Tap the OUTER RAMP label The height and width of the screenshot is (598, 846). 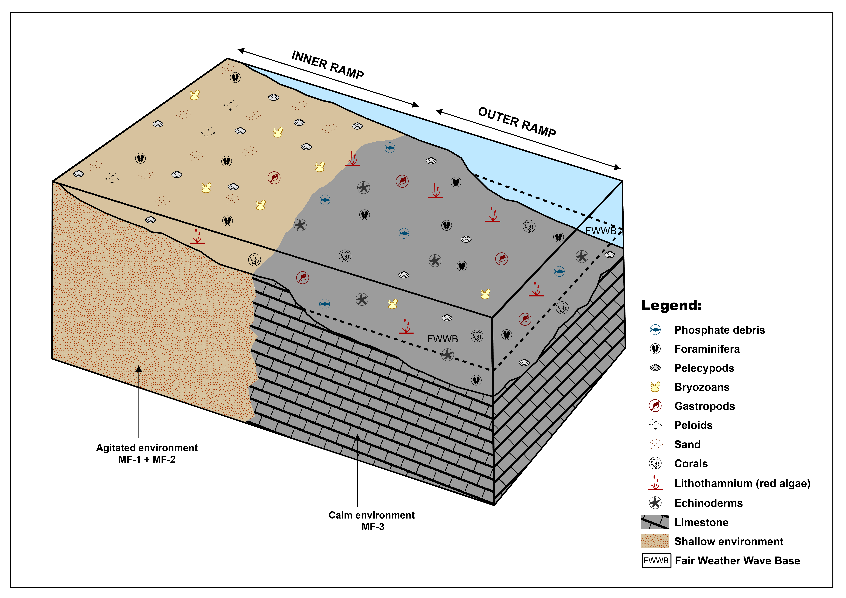[517, 122]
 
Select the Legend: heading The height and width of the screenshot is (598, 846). [671, 305]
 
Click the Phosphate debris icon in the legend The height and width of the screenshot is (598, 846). [655, 330]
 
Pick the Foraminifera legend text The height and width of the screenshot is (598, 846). [707, 349]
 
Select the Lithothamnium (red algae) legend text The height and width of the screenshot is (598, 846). [742, 483]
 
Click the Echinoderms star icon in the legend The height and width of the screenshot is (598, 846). [655, 503]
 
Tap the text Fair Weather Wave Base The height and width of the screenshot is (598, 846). [737, 560]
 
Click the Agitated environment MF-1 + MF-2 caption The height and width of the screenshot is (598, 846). [147, 454]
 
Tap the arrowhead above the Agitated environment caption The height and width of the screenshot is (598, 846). [138, 368]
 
